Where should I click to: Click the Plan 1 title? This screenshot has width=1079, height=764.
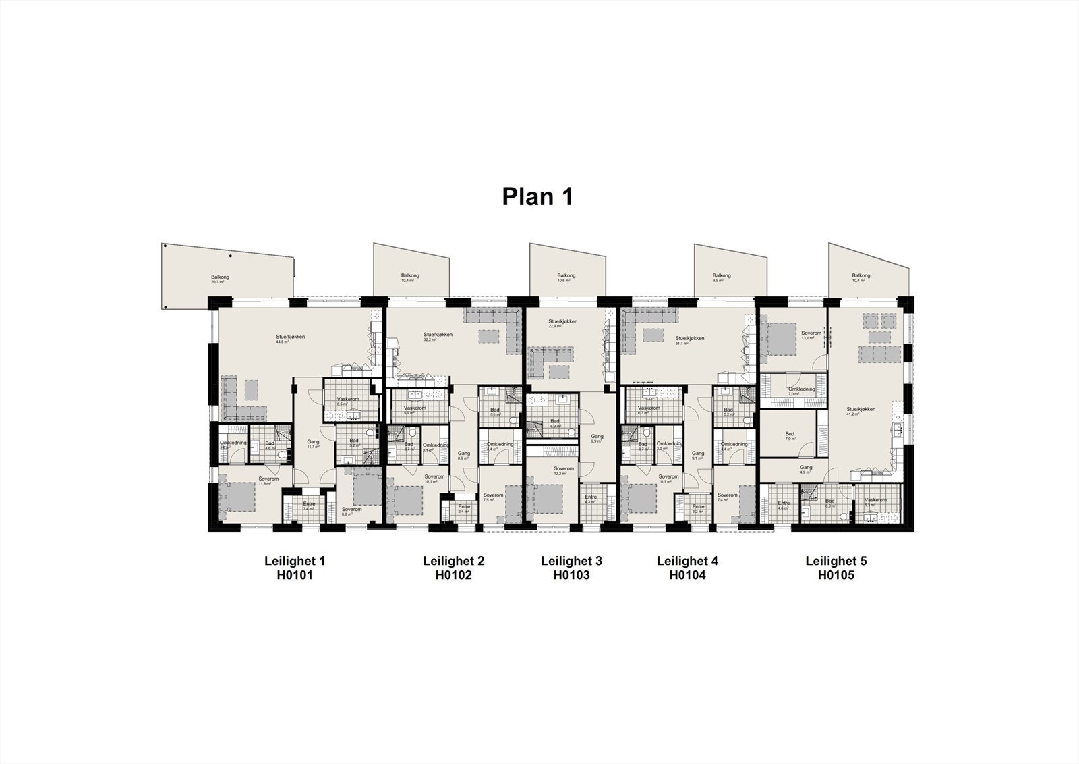tap(537, 196)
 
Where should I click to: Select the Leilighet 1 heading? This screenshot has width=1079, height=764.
tap(294, 561)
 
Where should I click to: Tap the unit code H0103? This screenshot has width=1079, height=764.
tap(571, 576)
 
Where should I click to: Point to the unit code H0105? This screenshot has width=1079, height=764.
tap(836, 576)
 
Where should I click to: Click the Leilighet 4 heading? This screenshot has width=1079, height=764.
tap(687, 561)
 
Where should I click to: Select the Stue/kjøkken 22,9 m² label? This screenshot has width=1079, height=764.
tap(563, 324)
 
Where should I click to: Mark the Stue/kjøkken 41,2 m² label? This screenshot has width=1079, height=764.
tap(861, 412)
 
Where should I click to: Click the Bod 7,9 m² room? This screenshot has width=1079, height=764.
tap(790, 436)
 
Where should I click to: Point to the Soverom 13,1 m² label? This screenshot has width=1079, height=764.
tap(811, 335)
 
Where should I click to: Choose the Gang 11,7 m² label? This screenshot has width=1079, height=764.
tap(313, 444)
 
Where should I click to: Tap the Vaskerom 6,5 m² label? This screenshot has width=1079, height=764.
tap(349, 402)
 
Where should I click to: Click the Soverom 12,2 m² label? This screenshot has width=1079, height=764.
tap(564, 470)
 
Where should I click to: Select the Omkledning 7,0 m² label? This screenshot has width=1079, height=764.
tap(802, 391)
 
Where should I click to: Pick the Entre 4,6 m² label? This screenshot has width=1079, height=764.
tap(784, 506)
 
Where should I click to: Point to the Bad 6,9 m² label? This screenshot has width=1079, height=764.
tap(555, 423)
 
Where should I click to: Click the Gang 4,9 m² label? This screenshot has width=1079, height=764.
tap(806, 470)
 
